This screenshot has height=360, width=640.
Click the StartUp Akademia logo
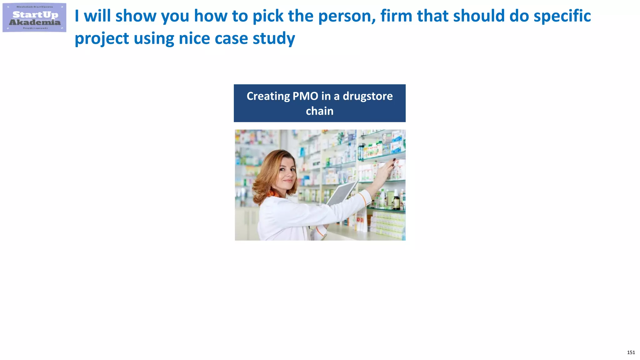click(34, 17)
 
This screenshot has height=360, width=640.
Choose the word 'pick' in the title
click(268, 16)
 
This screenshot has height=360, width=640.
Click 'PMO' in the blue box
click(305, 96)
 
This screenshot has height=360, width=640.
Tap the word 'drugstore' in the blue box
click(367, 96)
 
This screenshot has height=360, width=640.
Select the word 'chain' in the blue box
click(319, 111)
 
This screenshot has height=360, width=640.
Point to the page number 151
click(631, 352)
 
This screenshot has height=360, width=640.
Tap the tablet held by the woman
click(342, 192)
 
